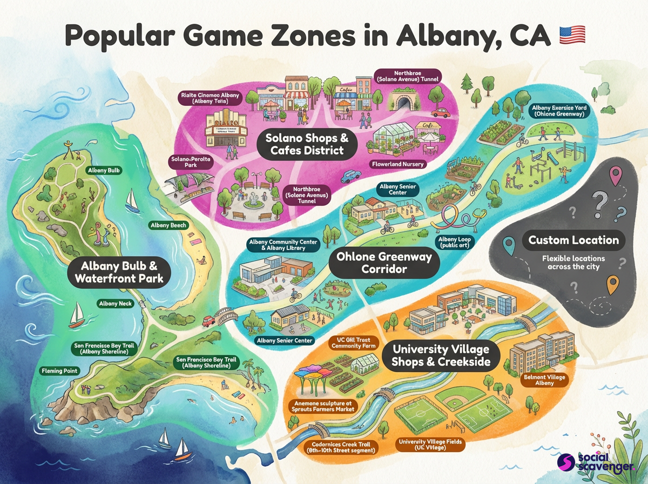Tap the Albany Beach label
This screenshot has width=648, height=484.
pos(168,225)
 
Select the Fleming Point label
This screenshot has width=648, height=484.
pos(60,371)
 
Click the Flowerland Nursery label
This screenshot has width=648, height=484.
pos(397,164)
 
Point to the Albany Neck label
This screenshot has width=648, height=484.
pos(116,304)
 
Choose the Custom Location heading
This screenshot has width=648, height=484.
pos(573,240)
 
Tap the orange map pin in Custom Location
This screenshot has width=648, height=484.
pos(611,284)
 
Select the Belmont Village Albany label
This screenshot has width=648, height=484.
pos(544,380)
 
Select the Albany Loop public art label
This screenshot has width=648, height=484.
pos(454,241)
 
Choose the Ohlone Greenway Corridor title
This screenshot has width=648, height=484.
pos(384,263)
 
